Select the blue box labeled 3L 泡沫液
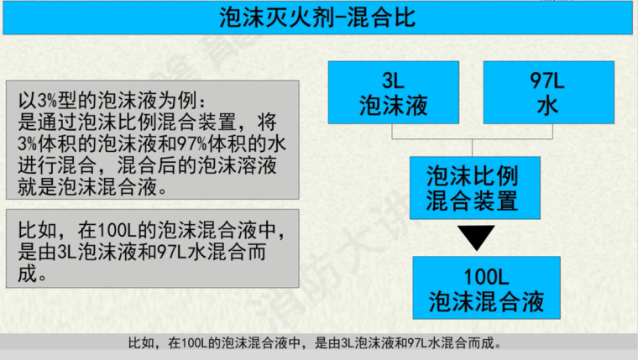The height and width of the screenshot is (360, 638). pos(393,92)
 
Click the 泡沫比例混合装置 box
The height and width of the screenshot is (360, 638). pos(473,187)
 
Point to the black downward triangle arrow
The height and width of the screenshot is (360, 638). pos(473,237)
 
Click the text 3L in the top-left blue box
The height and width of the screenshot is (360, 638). pos(393,81)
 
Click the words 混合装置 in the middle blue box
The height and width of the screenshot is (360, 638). pos(473,200)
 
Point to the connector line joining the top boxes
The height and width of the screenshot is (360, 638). pos(473,137)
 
